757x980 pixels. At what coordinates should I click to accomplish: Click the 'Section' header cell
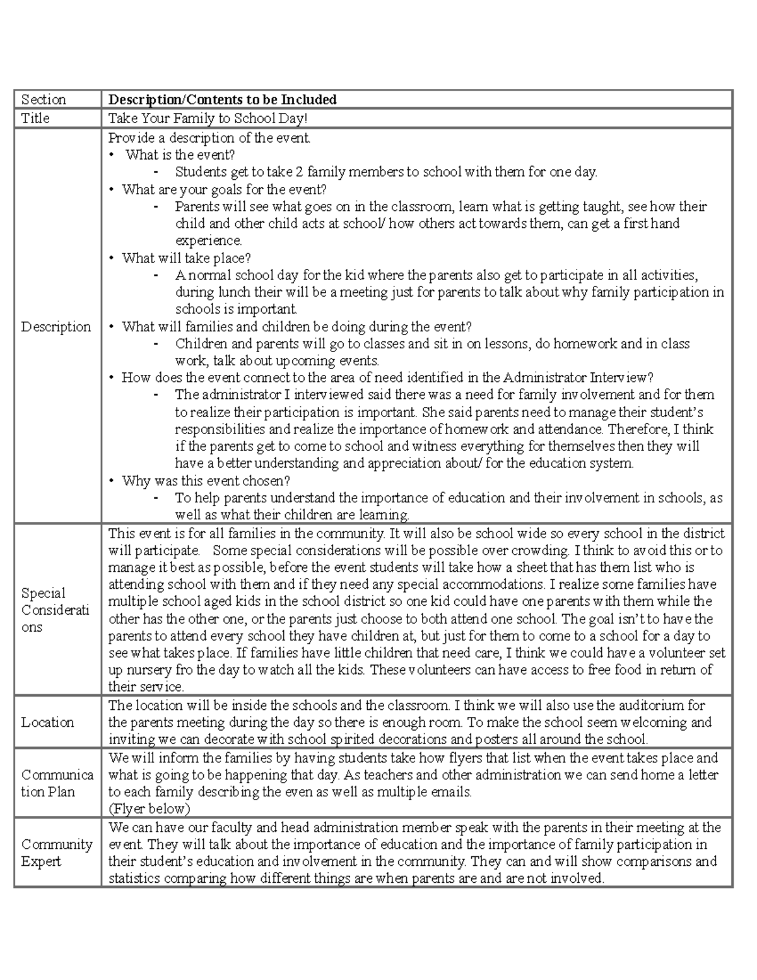point(44,100)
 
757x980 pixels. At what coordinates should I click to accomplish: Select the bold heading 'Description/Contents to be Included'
point(222,100)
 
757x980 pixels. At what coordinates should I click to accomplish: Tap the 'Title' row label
point(35,119)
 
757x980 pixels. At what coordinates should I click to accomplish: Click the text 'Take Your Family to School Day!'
point(208,119)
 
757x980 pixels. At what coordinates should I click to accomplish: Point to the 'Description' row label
point(56,327)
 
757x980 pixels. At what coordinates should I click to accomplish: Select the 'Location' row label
point(47,723)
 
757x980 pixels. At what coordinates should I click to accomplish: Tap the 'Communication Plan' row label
point(57,783)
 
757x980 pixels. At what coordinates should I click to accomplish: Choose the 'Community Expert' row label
point(57,853)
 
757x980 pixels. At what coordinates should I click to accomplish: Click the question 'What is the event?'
point(180,155)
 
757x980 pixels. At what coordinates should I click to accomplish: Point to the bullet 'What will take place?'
point(186,258)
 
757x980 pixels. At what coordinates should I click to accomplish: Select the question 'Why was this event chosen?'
point(206,481)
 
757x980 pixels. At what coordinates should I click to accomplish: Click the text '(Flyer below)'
point(149,809)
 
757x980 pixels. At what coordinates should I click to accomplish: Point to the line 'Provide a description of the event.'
point(209,138)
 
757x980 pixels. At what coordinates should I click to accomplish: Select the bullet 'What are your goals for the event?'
point(224,189)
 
